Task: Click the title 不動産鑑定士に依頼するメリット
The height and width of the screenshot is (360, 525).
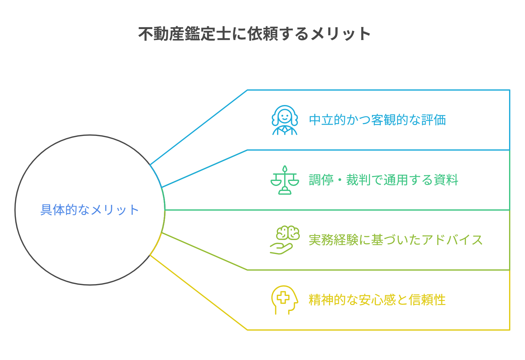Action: click(x=254, y=34)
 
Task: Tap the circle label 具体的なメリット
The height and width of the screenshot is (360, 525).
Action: click(x=90, y=210)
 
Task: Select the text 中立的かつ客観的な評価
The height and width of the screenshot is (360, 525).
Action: click(x=377, y=120)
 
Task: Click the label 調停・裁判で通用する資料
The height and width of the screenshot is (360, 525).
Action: click(x=384, y=180)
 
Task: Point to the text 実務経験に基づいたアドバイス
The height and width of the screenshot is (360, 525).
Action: click(x=396, y=240)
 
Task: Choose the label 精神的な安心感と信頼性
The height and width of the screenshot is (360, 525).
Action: click(x=377, y=300)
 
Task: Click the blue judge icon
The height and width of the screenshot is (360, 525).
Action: click(x=285, y=120)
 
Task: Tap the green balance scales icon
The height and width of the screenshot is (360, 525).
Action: click(x=285, y=180)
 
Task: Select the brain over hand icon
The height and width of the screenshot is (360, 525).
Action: click(x=285, y=240)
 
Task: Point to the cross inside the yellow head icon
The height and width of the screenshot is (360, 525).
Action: click(x=283, y=297)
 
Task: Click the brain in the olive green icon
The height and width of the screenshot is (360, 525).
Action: click(x=288, y=232)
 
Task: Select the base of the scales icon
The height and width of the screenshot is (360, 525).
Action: click(x=285, y=191)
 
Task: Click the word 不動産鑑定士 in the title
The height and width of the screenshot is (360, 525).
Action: click(x=185, y=34)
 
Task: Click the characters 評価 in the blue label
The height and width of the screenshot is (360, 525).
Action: click(x=433, y=120)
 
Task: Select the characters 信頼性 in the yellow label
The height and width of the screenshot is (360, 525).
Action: click(x=427, y=300)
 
